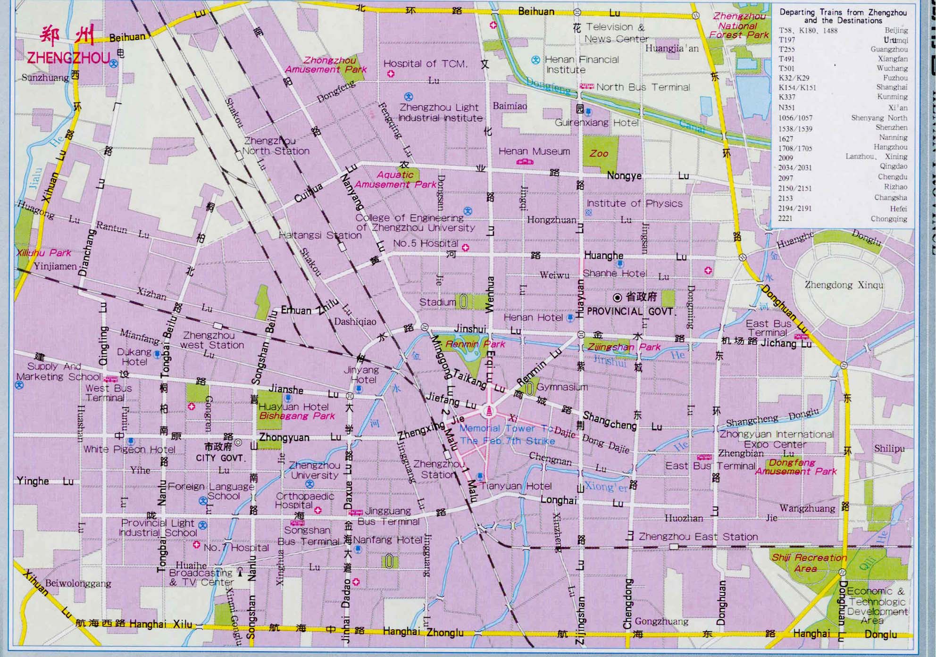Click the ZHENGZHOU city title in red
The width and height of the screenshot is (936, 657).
click(x=68, y=58)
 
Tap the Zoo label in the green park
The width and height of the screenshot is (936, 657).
click(x=599, y=154)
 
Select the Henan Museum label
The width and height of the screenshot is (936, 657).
click(x=534, y=151)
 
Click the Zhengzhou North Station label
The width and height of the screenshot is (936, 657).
click(x=276, y=146)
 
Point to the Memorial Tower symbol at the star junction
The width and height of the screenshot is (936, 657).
click(x=489, y=411)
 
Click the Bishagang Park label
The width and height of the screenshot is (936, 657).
click(x=297, y=416)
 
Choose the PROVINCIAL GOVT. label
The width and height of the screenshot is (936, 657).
click(x=631, y=312)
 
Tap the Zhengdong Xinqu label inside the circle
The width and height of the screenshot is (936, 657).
click(x=844, y=285)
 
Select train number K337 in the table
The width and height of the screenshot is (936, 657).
click(x=787, y=97)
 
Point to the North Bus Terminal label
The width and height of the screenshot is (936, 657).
click(x=643, y=87)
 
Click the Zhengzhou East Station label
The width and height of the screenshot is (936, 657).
click(x=698, y=537)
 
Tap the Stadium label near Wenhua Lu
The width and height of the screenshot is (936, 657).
click(x=437, y=302)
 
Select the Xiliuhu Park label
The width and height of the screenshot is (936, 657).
click(x=43, y=253)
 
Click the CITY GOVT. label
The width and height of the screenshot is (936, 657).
click(x=220, y=458)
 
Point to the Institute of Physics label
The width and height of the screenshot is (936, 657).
click(x=635, y=204)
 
